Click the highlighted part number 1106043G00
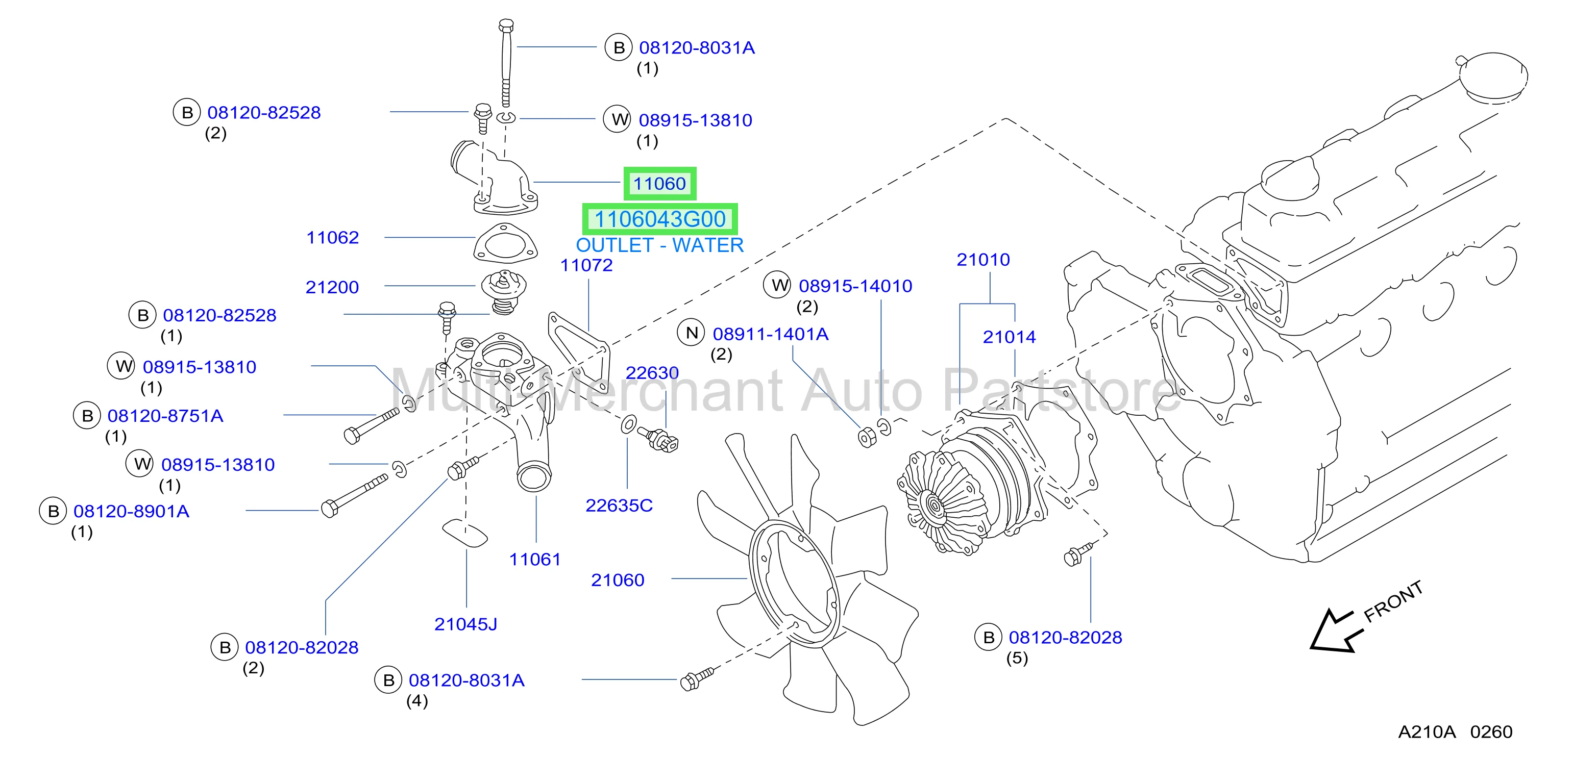pos(660,219)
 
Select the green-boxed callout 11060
pos(659,183)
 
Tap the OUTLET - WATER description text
pos(659,245)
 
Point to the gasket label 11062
pos(333,238)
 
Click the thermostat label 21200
pos(332,287)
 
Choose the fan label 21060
pos(618,580)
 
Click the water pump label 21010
pos(983,260)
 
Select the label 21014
pos(1010,337)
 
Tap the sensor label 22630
pos(652,373)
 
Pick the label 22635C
pos(619,506)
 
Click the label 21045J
pos(466,624)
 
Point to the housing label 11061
pos(535,559)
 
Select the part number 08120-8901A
pos(131,511)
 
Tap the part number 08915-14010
pos(855,286)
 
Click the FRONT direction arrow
pos(1337,630)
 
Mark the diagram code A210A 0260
pos(1455,731)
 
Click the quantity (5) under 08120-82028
pos(1017,658)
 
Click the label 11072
pos(586,265)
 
